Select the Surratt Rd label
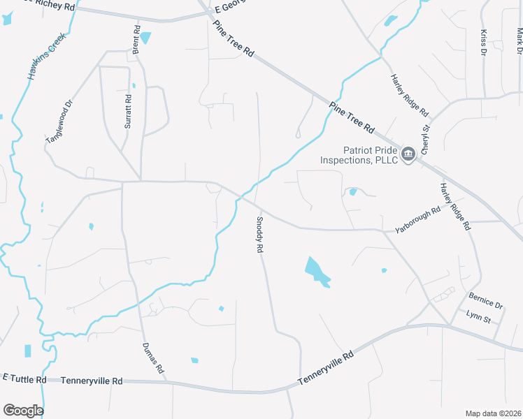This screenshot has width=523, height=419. pyautogui.click(x=129, y=110)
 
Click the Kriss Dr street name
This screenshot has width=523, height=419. pyautogui.click(x=483, y=42)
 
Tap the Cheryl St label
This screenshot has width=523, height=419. pyautogui.click(x=424, y=137)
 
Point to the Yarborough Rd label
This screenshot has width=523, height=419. pyautogui.click(x=417, y=219)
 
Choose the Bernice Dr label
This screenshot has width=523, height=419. pyautogui.click(x=486, y=301)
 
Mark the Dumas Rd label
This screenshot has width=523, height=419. pyautogui.click(x=152, y=358)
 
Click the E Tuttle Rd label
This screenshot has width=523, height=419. pyautogui.click(x=24, y=378)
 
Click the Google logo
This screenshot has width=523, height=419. pyautogui.click(x=23, y=410)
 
